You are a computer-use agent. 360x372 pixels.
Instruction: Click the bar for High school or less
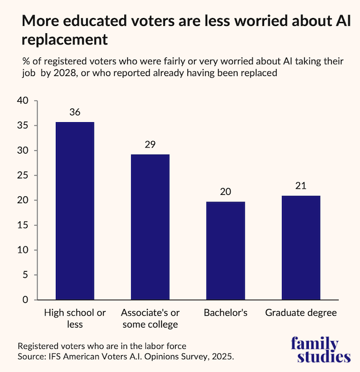tap(75, 210)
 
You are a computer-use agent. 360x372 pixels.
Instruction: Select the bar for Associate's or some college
tap(150, 227)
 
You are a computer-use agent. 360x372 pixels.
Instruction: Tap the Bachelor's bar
tap(226, 250)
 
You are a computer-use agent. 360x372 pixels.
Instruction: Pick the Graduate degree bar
tap(301, 248)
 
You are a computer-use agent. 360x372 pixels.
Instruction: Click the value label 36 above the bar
tap(75, 112)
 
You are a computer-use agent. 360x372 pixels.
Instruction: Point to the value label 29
tap(150, 145)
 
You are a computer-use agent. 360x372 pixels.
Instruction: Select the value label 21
tap(301, 185)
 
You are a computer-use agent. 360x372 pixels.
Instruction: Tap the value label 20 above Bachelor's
tap(226, 191)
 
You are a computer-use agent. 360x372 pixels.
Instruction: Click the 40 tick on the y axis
tap(22, 101)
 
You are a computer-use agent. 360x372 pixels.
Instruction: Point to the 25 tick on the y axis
tap(22, 176)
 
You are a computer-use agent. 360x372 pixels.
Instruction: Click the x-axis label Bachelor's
tap(226, 313)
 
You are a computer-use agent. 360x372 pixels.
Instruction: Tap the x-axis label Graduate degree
tap(301, 313)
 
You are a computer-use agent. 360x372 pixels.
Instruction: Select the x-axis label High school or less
tap(75, 319)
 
